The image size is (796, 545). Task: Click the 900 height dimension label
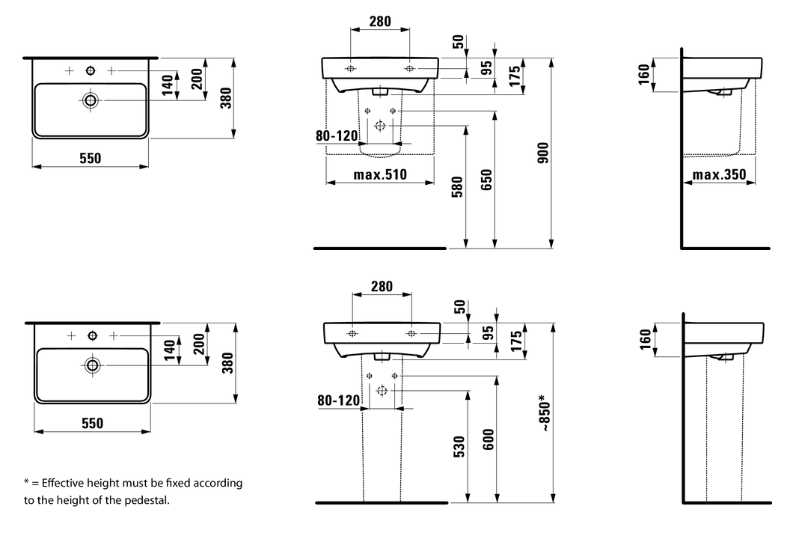543,153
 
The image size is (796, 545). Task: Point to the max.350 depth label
719,175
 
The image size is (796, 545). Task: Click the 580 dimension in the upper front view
458,186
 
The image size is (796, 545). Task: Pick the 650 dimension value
486,180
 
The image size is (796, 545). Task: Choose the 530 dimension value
459,447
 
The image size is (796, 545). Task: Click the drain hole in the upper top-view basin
91,100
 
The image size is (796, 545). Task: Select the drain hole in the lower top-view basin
92,365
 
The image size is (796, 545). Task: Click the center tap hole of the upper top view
91,70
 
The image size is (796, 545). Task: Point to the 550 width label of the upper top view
89,158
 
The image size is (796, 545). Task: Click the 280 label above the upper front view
380,22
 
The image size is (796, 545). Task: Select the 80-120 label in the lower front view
338,401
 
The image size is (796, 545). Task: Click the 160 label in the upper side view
643,74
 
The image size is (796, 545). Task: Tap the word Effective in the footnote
65,483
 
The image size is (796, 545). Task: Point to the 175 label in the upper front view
515,77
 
